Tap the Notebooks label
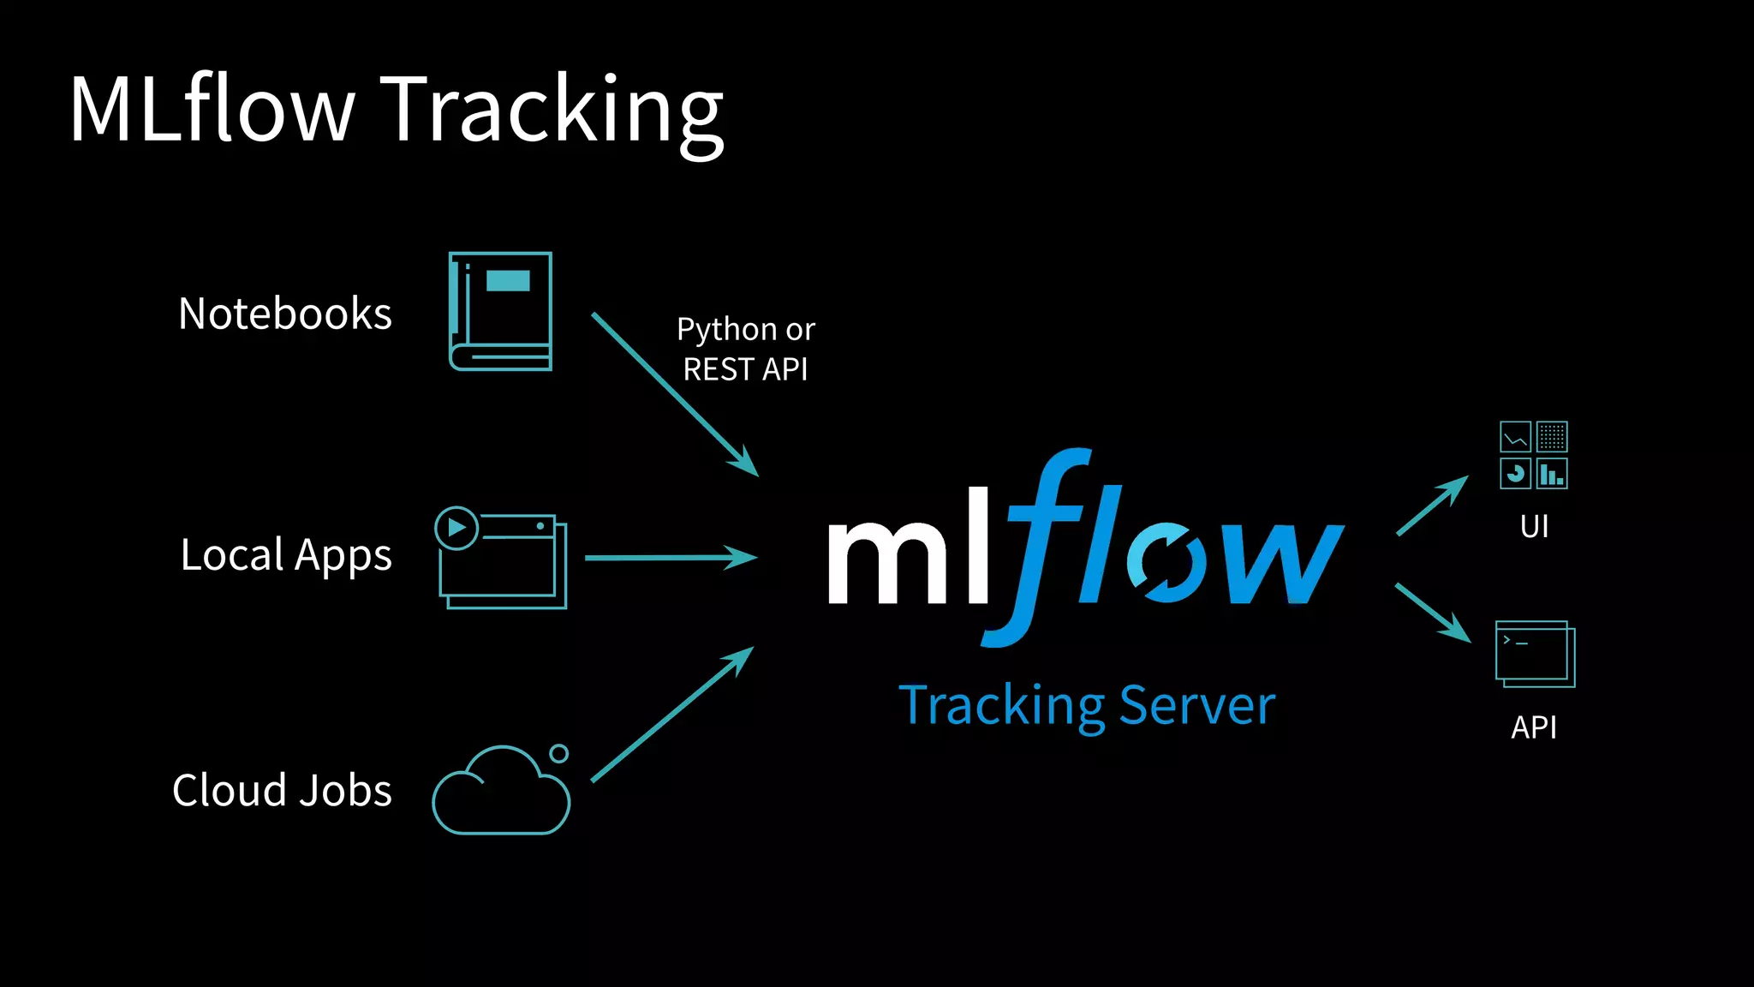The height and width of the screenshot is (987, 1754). click(284, 314)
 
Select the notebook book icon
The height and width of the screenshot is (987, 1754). click(501, 312)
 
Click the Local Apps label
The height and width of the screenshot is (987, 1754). click(286, 555)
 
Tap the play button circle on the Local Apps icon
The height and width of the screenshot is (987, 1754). click(456, 528)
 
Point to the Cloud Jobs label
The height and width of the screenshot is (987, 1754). click(282, 790)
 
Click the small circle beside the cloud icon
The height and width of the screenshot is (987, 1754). click(559, 753)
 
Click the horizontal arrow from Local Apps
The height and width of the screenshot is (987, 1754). click(668, 558)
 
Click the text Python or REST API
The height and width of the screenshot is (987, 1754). click(745, 350)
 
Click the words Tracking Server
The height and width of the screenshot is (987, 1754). click(1087, 706)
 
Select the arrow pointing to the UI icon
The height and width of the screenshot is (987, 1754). click(1431, 506)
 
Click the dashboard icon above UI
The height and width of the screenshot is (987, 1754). click(1533, 455)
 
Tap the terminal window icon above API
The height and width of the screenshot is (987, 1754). click(1535, 654)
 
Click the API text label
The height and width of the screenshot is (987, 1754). click(1533, 727)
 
